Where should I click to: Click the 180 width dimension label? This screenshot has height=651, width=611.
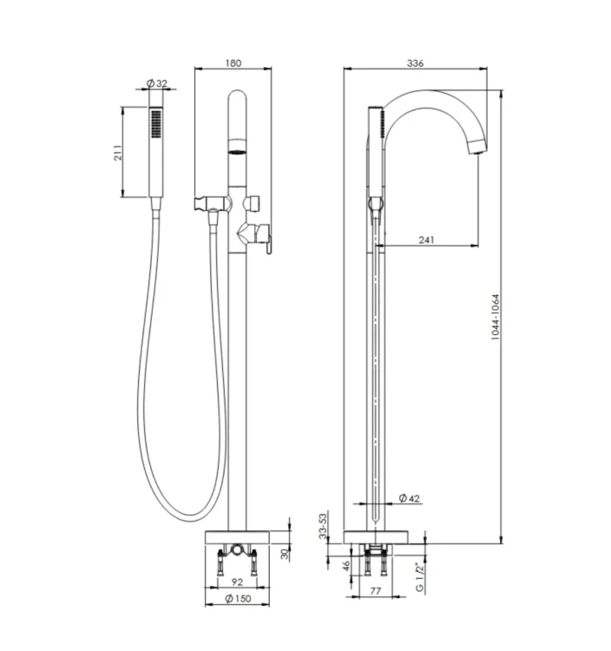pyautogui.click(x=233, y=63)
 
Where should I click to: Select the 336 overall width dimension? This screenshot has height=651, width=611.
pyautogui.click(x=415, y=63)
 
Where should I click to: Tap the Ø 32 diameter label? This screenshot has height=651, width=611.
pyautogui.click(x=157, y=83)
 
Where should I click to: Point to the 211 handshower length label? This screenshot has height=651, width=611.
pyautogui.click(x=118, y=153)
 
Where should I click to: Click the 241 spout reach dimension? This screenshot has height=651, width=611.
pyautogui.click(x=426, y=240)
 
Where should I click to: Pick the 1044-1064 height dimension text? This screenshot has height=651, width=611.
pyautogui.click(x=496, y=317)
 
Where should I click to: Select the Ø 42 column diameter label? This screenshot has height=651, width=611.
pyautogui.click(x=410, y=498)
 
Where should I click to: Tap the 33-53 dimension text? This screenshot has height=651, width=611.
pyautogui.click(x=323, y=526)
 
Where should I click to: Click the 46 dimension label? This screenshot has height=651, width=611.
pyautogui.click(x=346, y=565)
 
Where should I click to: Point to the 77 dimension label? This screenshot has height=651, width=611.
pyautogui.click(x=375, y=591)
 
